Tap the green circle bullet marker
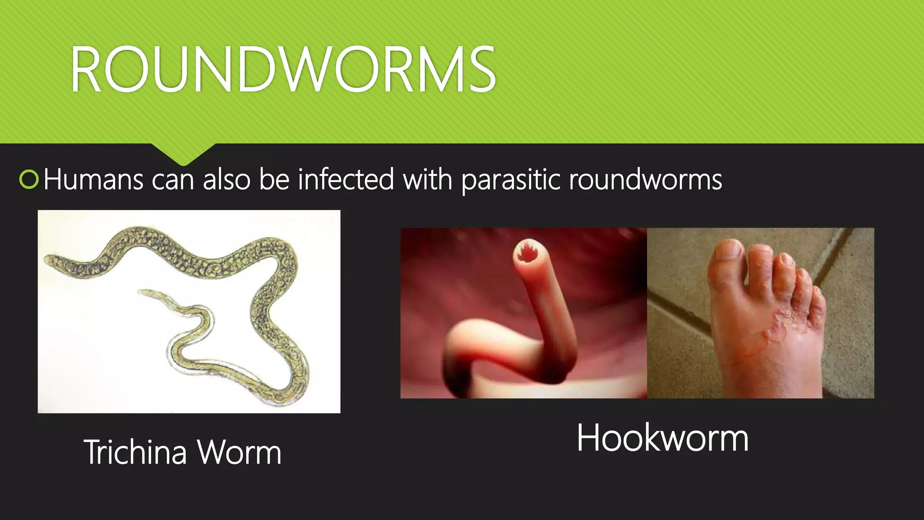29,180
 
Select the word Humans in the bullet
93,180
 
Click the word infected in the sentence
346,180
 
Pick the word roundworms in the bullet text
645,180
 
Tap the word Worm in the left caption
240,452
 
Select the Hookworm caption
662,438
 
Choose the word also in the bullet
226,180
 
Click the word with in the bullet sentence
427,180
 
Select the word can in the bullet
173,180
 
